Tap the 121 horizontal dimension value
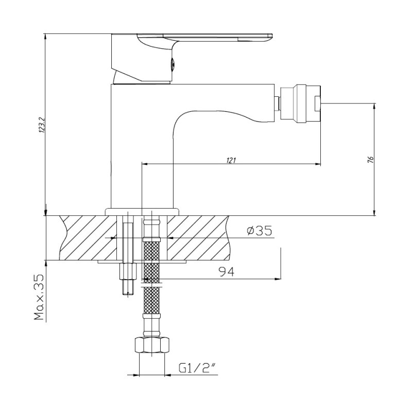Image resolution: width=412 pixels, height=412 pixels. coord(231,160)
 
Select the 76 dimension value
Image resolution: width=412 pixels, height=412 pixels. coord(370,160)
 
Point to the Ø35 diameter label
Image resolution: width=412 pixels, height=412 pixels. coord(260,231)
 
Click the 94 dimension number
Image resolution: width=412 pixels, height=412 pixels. coord(227,272)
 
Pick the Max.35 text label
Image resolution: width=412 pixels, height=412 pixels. coord(39,297)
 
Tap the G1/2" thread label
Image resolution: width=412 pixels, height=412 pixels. coord(198,368)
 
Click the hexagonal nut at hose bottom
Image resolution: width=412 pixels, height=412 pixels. coord(152,345)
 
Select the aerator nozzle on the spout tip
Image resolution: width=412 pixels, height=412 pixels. coord(301,104)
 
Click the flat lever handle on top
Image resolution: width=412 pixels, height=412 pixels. coord(205,38)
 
